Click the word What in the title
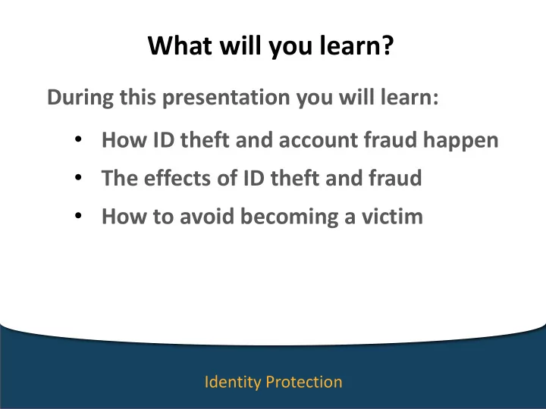tap(180, 45)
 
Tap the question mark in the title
tap(388, 45)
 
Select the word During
tap(80, 97)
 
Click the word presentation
tap(226, 98)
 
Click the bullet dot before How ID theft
tap(78, 139)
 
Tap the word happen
tap(461, 141)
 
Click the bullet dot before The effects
tap(78, 178)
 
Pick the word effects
tap(177, 178)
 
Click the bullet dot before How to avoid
tap(78, 216)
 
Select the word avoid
tap(207, 216)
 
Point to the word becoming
tap(290, 217)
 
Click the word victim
tap(392, 216)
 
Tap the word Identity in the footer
tap(233, 382)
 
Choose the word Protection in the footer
tap(304, 382)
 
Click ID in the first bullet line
tap(164, 140)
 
